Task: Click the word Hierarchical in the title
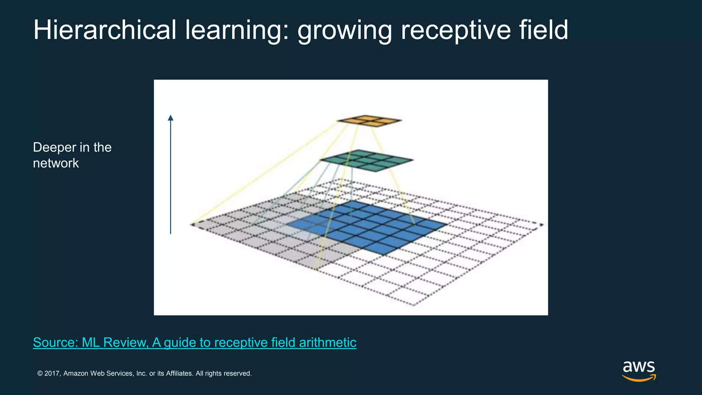coord(105,30)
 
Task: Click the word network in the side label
coord(56,163)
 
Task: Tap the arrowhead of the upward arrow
coord(170,118)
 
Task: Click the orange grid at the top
coord(369,121)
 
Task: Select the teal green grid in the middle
coord(367,160)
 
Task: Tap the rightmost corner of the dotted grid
coord(542,225)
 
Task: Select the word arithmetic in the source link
coord(327,343)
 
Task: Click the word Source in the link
coord(55,343)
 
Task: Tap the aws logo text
coord(639,367)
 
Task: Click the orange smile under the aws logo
coord(639,379)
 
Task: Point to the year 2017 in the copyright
coord(52,373)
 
